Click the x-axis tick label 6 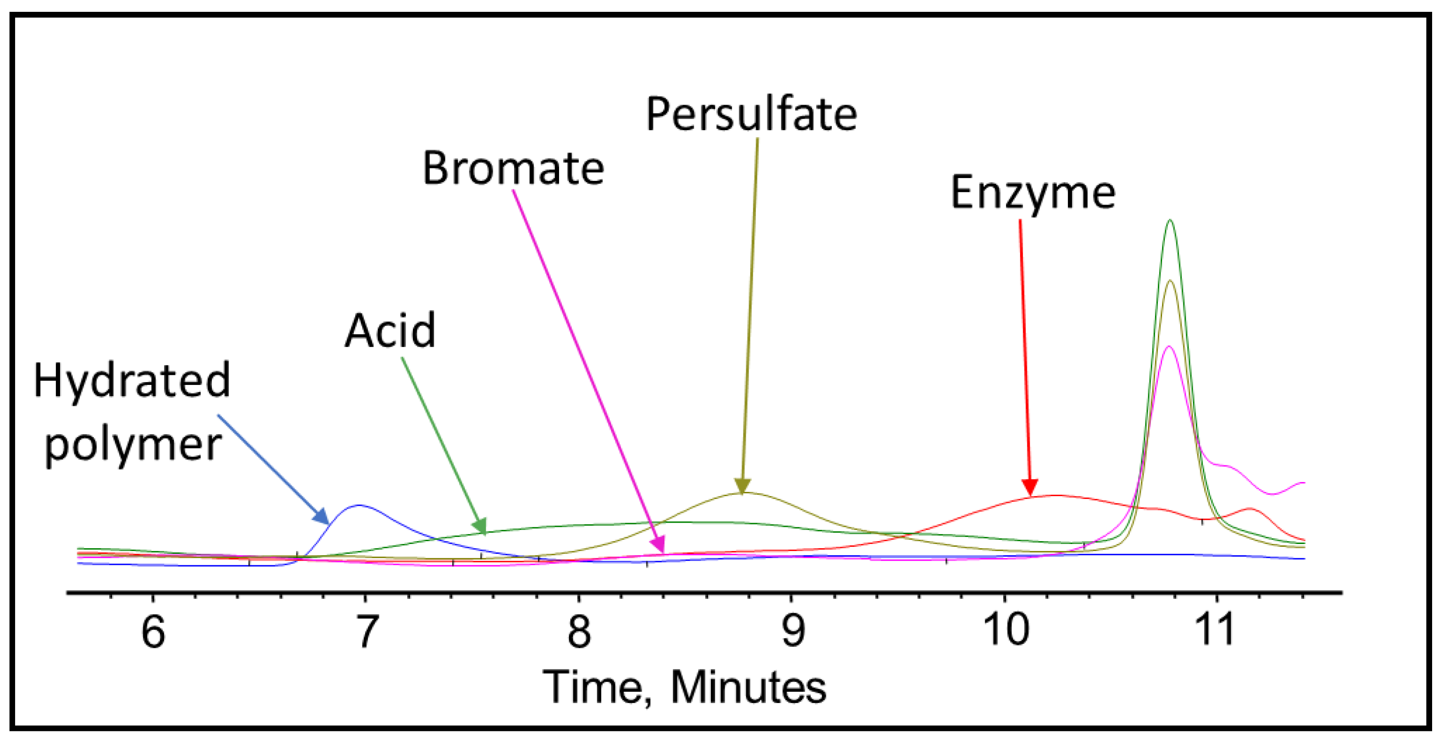153,631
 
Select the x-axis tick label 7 367,631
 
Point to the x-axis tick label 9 793,631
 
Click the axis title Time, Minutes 684,687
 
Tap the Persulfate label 751,115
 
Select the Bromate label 513,168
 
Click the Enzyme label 1033,193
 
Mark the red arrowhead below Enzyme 1030,488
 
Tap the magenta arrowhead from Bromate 659,545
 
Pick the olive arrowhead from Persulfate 742,487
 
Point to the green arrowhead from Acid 480,526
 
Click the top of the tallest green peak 1170,220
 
